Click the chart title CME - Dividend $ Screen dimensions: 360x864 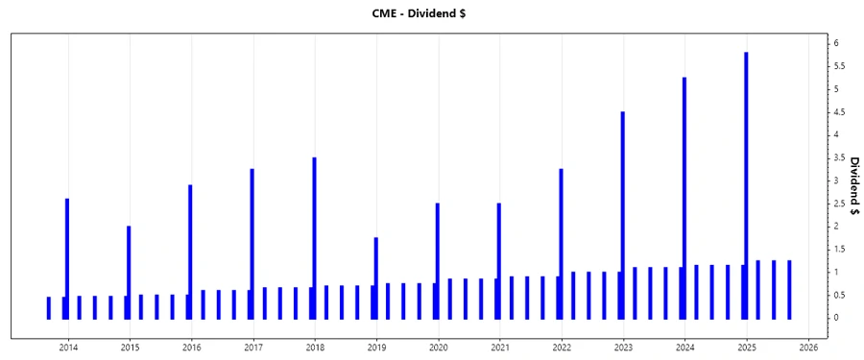click(432, 12)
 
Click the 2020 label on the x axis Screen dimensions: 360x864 click(438, 346)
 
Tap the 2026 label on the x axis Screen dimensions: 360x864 click(808, 346)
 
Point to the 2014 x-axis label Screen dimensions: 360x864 click(67, 346)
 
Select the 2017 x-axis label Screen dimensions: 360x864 click(252, 346)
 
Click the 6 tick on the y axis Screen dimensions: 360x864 click(837, 43)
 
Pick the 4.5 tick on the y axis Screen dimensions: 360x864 click(839, 112)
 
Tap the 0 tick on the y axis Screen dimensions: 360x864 click(837, 318)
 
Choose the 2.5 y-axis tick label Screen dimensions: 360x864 click(839, 204)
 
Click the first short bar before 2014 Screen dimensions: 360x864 click(49, 307)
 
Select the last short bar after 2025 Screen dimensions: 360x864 click(789, 289)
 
